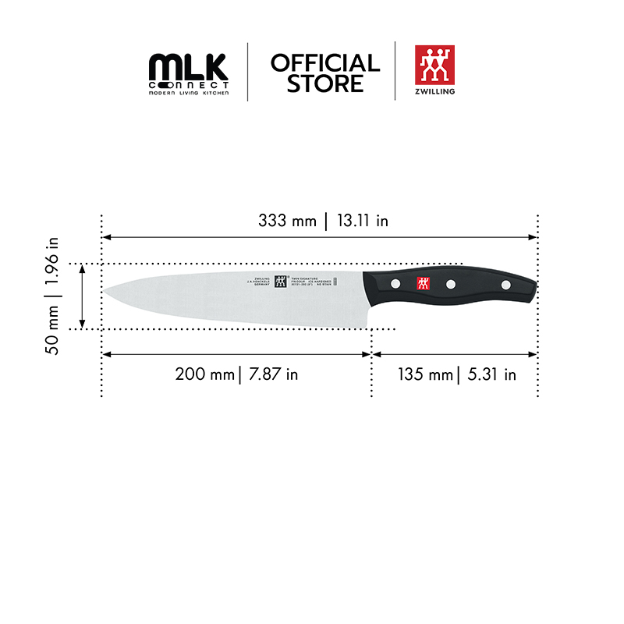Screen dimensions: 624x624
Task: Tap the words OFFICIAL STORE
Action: pyautogui.click(x=325, y=73)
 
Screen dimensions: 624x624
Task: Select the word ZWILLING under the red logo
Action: pyautogui.click(x=435, y=91)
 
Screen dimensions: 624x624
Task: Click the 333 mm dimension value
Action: pyautogui.click(x=288, y=221)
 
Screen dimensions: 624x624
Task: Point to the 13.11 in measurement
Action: pyautogui.click(x=362, y=221)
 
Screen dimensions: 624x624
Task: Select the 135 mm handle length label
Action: pyautogui.click(x=425, y=374)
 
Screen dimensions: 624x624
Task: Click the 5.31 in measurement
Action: pyautogui.click(x=491, y=374)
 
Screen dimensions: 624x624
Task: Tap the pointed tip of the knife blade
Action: pyautogui.click(x=105, y=291)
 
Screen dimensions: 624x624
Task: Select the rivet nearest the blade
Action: pyautogui.click(x=395, y=282)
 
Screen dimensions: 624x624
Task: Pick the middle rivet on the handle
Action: pyautogui.click(x=451, y=285)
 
